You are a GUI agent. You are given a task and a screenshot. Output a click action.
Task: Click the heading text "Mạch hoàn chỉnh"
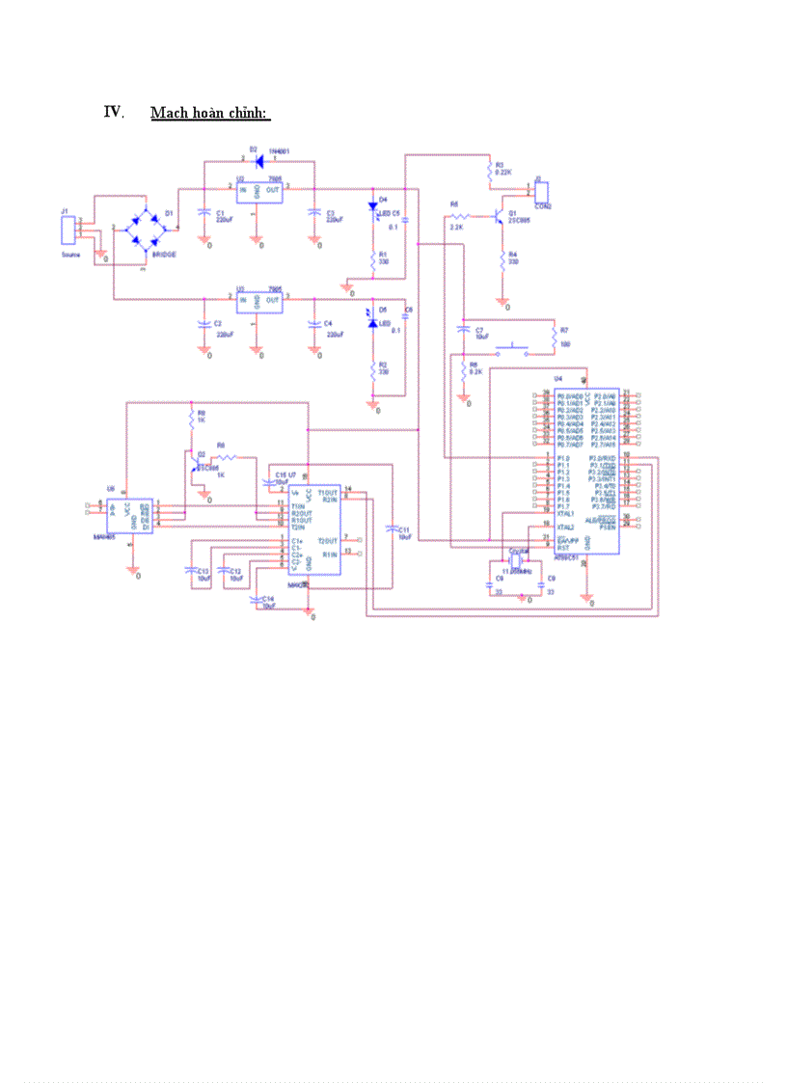209,114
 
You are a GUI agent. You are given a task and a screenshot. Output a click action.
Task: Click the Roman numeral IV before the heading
112,112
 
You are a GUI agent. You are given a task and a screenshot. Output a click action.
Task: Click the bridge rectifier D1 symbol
146,229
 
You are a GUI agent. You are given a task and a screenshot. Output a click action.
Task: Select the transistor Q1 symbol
499,218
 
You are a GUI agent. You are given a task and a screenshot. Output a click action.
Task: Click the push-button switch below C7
510,349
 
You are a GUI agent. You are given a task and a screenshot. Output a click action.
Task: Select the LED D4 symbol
374,206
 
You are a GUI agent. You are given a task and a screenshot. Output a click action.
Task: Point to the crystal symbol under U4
518,558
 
